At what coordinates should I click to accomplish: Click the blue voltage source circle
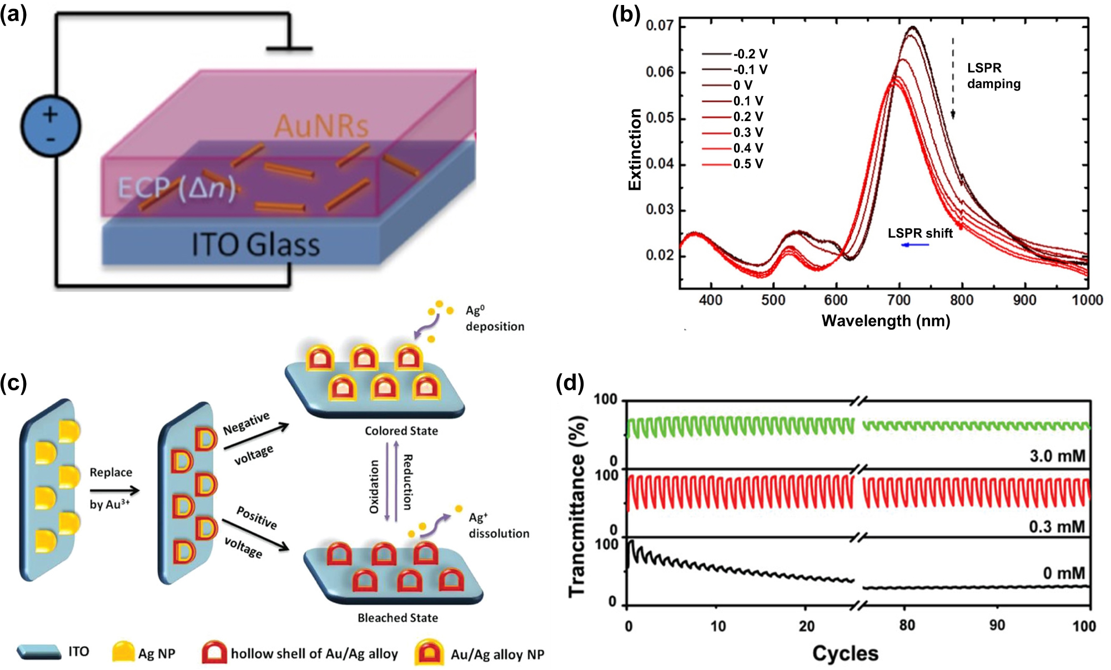coord(51,126)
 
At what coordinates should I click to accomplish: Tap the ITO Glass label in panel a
coord(255,245)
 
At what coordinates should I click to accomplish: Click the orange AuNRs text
coord(321,125)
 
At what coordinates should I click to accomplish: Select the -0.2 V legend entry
coord(735,54)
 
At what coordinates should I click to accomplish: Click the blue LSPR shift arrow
coord(915,245)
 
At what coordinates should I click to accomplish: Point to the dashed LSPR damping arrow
coord(953,78)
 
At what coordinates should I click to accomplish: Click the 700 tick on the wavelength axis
coord(898,300)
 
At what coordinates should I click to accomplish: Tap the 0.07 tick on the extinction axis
coord(659,26)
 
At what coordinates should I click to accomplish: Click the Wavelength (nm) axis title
coord(886,321)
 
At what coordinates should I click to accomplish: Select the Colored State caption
coord(401,431)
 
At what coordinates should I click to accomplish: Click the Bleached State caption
coord(398,618)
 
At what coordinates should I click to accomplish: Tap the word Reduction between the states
coord(407,482)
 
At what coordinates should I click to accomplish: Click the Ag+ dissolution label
coord(498,525)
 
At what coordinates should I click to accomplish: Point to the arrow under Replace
coord(114,490)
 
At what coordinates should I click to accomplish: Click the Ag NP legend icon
coord(123,652)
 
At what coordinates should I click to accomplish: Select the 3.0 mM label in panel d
coord(1057,456)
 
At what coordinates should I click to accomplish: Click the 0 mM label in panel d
coord(1063,573)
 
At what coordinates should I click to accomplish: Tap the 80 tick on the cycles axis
coord(907,626)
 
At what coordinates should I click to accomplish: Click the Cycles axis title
coord(845,653)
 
